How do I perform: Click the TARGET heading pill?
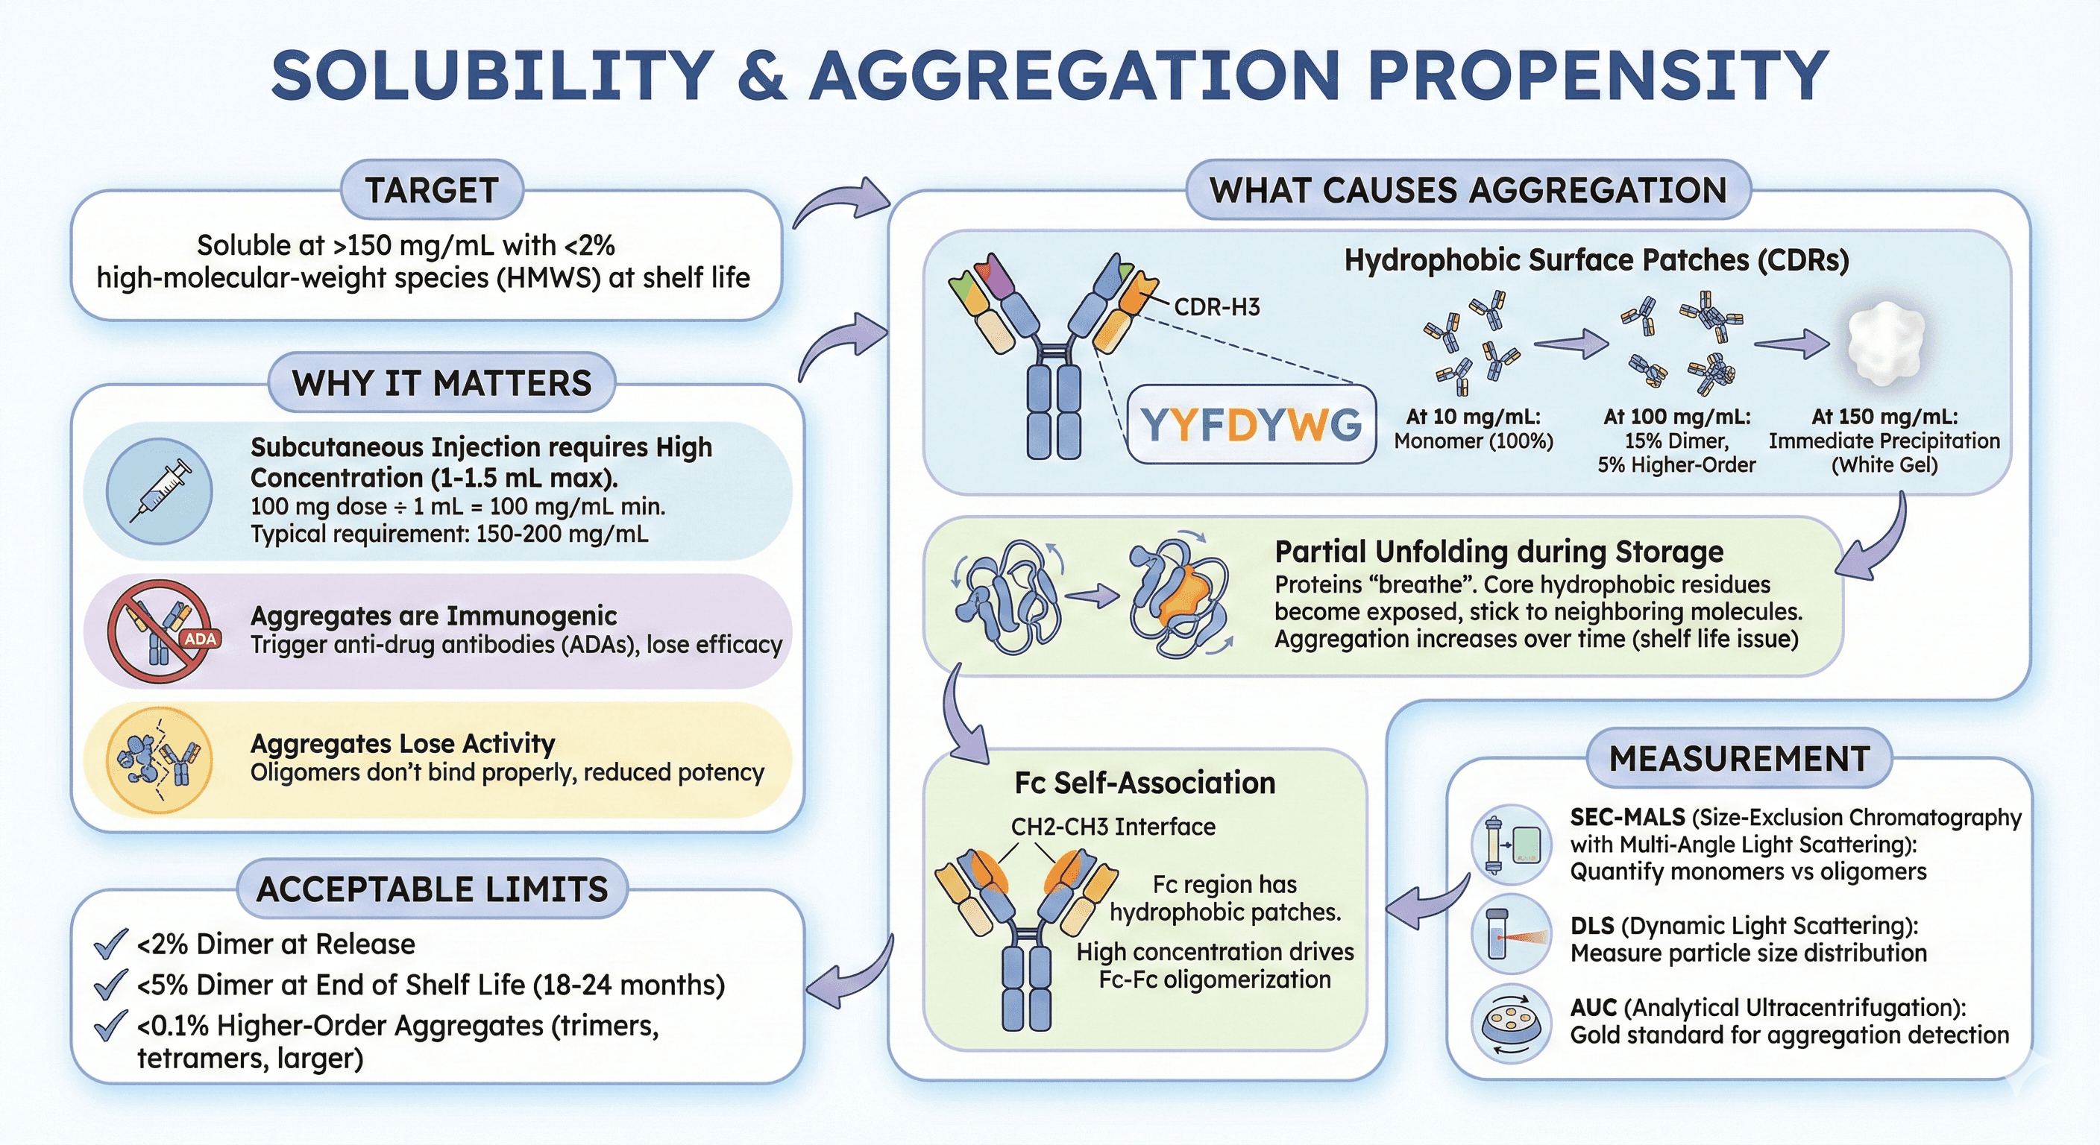[x=431, y=191]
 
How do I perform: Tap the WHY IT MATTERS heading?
[x=441, y=383]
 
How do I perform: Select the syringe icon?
[x=160, y=491]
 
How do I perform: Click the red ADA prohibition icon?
[x=160, y=631]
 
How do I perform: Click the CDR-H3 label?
[x=1216, y=307]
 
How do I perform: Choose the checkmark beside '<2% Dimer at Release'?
[x=110, y=944]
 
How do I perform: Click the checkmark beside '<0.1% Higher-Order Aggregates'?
[x=110, y=1025]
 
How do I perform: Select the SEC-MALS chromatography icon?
[x=1511, y=845]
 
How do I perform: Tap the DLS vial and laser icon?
[x=1511, y=934]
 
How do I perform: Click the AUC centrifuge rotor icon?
[x=1511, y=1023]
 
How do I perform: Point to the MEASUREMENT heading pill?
[x=1739, y=759]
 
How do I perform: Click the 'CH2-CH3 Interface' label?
[x=1113, y=827]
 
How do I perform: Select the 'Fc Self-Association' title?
[x=1145, y=783]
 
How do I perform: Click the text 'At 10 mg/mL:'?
[x=1473, y=417]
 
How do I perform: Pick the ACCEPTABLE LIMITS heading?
[x=432, y=889]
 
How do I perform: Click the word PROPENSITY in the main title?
[x=1598, y=75]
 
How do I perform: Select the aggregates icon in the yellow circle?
[x=160, y=760]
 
